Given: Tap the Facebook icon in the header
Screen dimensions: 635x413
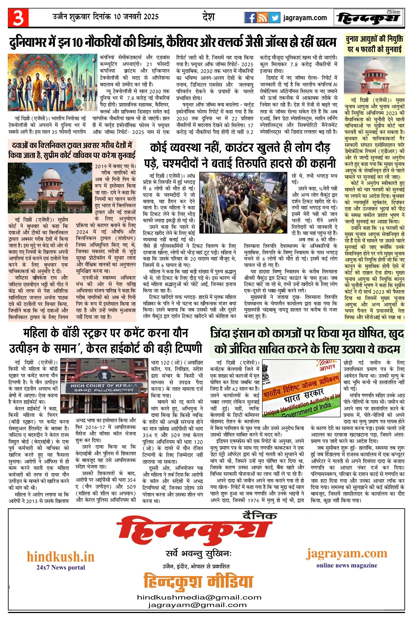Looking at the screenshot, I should click(x=250, y=18).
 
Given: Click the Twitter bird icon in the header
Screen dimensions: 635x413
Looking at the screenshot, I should click(x=274, y=18).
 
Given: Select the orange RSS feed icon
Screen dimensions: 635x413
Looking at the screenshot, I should click(x=262, y=18).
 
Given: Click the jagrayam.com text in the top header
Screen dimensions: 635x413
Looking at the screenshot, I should click(x=305, y=18).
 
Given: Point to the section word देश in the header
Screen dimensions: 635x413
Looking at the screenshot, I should click(x=208, y=17).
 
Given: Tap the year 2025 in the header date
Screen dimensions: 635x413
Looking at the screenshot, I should click(x=151, y=17).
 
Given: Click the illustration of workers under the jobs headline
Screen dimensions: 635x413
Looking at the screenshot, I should click(x=52, y=82).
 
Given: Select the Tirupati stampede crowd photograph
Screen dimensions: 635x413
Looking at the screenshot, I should click(x=243, y=203).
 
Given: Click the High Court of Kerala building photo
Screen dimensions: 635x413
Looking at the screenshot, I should click(x=104, y=386).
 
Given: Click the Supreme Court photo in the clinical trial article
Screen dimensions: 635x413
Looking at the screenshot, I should click(x=50, y=188).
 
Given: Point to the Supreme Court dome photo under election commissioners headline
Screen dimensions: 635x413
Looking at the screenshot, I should click(x=374, y=75).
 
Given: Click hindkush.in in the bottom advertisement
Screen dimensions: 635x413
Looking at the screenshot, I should click(x=60, y=557).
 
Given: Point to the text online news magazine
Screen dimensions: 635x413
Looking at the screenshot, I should click(x=347, y=565).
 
